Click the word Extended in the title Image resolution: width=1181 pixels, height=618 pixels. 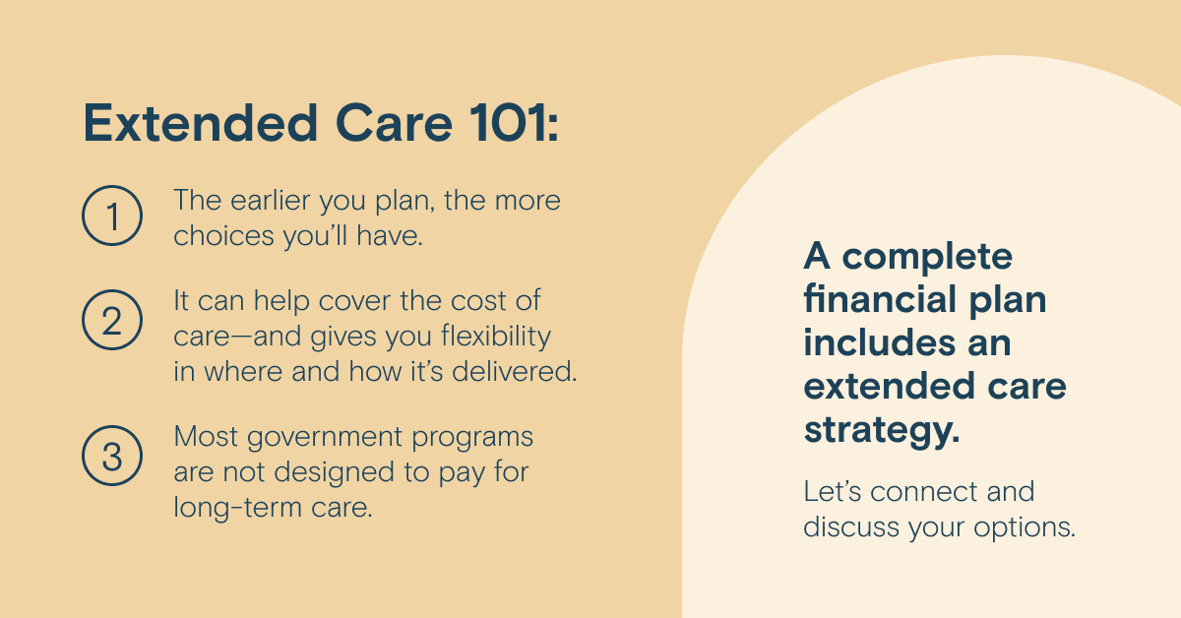tap(201, 123)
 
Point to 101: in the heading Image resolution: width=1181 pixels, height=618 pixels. tap(514, 123)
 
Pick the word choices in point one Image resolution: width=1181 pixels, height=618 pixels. tap(223, 236)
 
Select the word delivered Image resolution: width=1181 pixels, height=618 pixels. tap(514, 371)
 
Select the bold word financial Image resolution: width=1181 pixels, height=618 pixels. tap(879, 299)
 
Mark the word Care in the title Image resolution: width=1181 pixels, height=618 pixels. tap(394, 123)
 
